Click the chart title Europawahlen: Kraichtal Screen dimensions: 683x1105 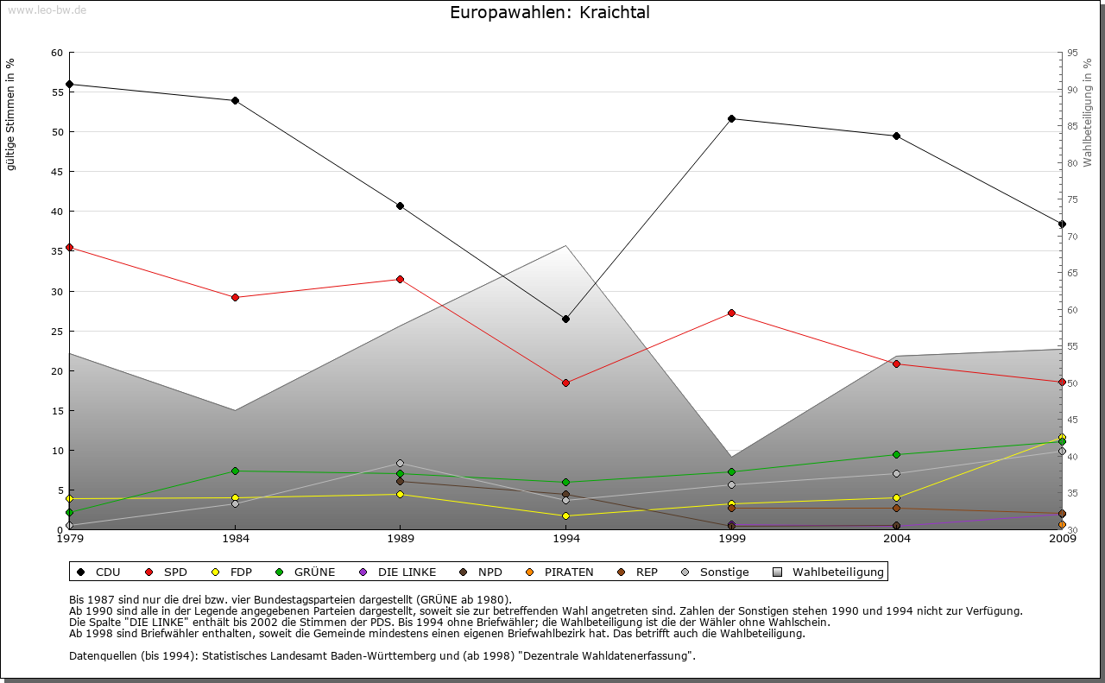(x=550, y=13)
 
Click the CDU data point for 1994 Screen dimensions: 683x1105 (x=565, y=319)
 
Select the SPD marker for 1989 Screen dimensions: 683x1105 (x=400, y=279)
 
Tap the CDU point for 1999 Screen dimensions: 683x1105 (x=731, y=118)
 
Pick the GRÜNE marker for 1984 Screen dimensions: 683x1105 (x=235, y=471)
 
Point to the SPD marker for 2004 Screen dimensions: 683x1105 (x=897, y=364)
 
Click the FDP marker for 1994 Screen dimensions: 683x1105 (x=565, y=515)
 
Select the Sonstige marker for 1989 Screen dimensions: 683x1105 (x=400, y=463)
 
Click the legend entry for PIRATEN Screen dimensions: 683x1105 (x=560, y=572)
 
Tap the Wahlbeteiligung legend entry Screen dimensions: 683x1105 (x=828, y=572)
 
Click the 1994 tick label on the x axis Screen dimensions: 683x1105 (x=566, y=539)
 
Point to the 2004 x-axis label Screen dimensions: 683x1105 (x=897, y=539)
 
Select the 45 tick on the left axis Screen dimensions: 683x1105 (x=58, y=172)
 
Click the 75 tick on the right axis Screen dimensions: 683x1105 (x=1072, y=199)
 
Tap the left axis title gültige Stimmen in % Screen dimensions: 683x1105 (x=11, y=114)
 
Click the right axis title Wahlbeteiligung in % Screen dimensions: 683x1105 (x=1088, y=112)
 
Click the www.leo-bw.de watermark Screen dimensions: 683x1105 (x=47, y=9)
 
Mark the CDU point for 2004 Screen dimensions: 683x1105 (x=897, y=136)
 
